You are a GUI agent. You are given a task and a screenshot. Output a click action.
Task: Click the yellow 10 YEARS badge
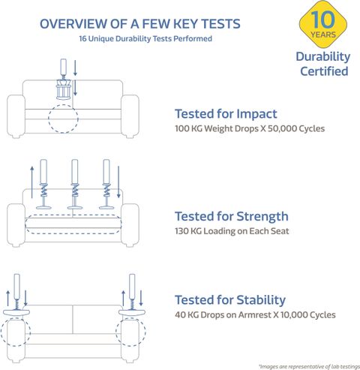pyautogui.click(x=323, y=24)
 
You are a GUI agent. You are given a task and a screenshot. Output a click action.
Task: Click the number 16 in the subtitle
pyautogui.click(x=82, y=39)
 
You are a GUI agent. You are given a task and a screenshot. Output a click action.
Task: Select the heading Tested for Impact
pyautogui.click(x=226, y=114)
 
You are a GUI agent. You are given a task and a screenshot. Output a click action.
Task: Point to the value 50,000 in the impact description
pyautogui.click(x=282, y=128)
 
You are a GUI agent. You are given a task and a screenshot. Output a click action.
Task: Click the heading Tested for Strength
pyautogui.click(x=232, y=216)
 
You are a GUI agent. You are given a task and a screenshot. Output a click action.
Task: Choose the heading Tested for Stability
pyautogui.click(x=230, y=299)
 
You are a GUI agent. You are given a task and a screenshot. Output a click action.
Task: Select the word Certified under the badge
pyautogui.click(x=324, y=71)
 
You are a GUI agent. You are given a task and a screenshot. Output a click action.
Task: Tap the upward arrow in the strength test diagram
pyautogui.click(x=32, y=182)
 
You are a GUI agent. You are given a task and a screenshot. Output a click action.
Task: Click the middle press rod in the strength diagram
pyautogui.click(x=75, y=184)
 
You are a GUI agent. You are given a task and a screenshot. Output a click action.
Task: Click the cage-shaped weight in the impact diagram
pyautogui.click(x=64, y=89)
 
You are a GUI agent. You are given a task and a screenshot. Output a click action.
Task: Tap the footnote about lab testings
pyautogui.click(x=309, y=366)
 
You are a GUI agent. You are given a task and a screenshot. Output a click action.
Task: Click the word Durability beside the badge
pyautogui.click(x=323, y=57)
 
